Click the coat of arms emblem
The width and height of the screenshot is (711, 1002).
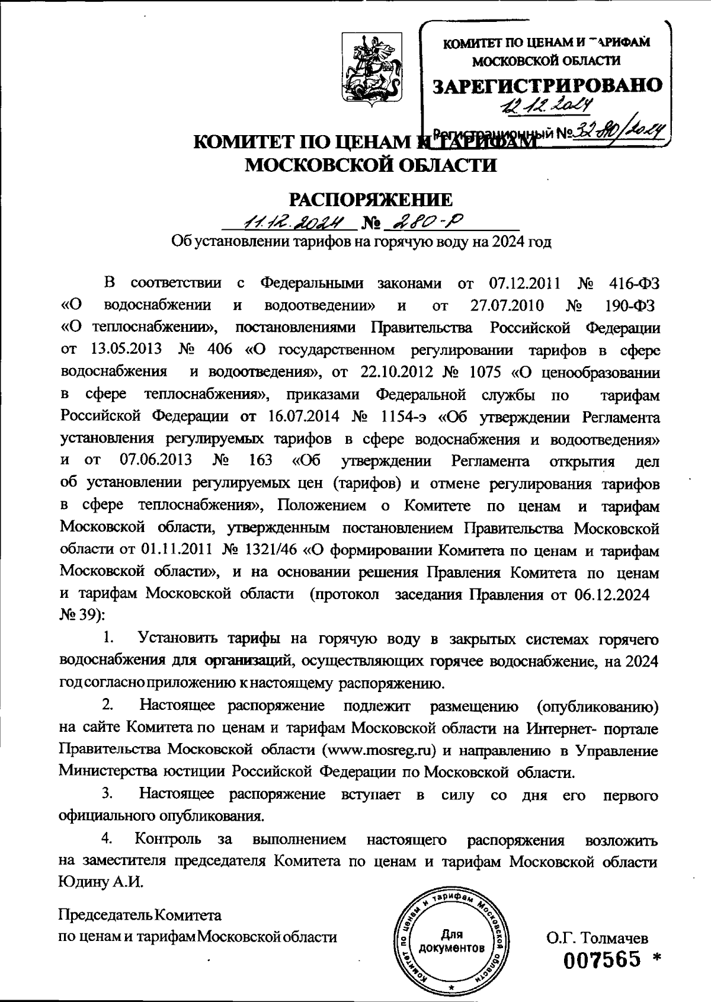coord(371,71)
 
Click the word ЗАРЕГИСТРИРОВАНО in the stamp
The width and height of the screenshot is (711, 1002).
coord(548,86)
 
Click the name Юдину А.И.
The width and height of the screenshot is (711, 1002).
coord(101,882)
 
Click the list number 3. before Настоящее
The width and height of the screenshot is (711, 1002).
coord(108,794)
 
